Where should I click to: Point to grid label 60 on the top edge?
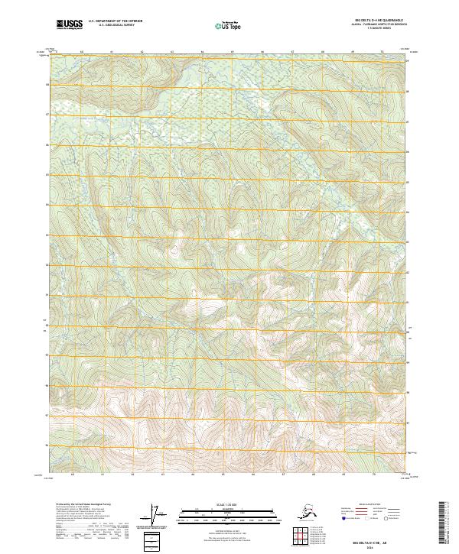(82, 52)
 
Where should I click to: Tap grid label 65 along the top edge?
(232, 52)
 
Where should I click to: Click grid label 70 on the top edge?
(382, 52)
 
